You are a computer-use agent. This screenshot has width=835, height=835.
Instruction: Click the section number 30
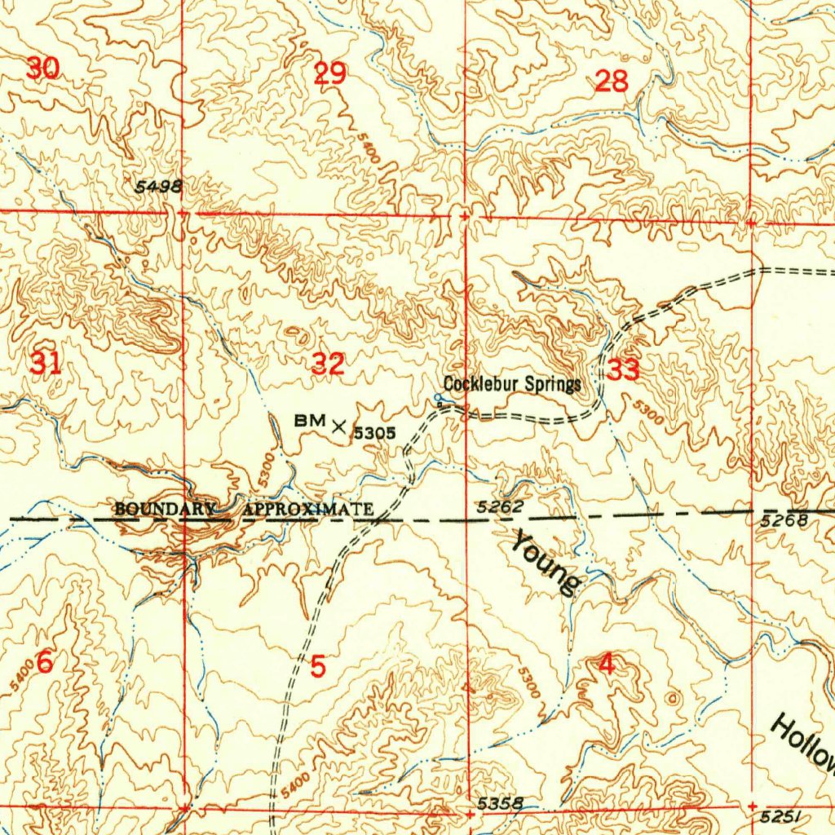pos(42,69)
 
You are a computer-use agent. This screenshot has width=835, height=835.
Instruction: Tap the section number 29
pos(330,74)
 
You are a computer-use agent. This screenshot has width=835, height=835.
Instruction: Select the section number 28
pos(612,81)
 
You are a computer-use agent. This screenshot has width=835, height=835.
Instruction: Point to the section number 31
pos(45,361)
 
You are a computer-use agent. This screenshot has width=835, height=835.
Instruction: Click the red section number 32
pos(328,364)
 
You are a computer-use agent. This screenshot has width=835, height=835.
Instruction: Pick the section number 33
pos(624,370)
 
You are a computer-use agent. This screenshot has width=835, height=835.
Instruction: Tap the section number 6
pos(45,663)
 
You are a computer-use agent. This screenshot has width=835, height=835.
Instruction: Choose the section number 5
pos(318,666)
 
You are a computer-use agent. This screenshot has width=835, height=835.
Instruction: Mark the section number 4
pos(606,665)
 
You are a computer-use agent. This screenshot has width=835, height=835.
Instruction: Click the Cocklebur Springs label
pos(512,383)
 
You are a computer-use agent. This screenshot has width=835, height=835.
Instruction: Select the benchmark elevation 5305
pos(374,433)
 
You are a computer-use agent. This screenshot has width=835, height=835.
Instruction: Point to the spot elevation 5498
pos(158,187)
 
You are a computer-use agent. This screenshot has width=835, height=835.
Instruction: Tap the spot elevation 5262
pos(499,507)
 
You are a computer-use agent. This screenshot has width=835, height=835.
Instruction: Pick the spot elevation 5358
pos(499,803)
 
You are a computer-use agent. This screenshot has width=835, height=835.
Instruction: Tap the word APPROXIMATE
pos(308,510)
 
